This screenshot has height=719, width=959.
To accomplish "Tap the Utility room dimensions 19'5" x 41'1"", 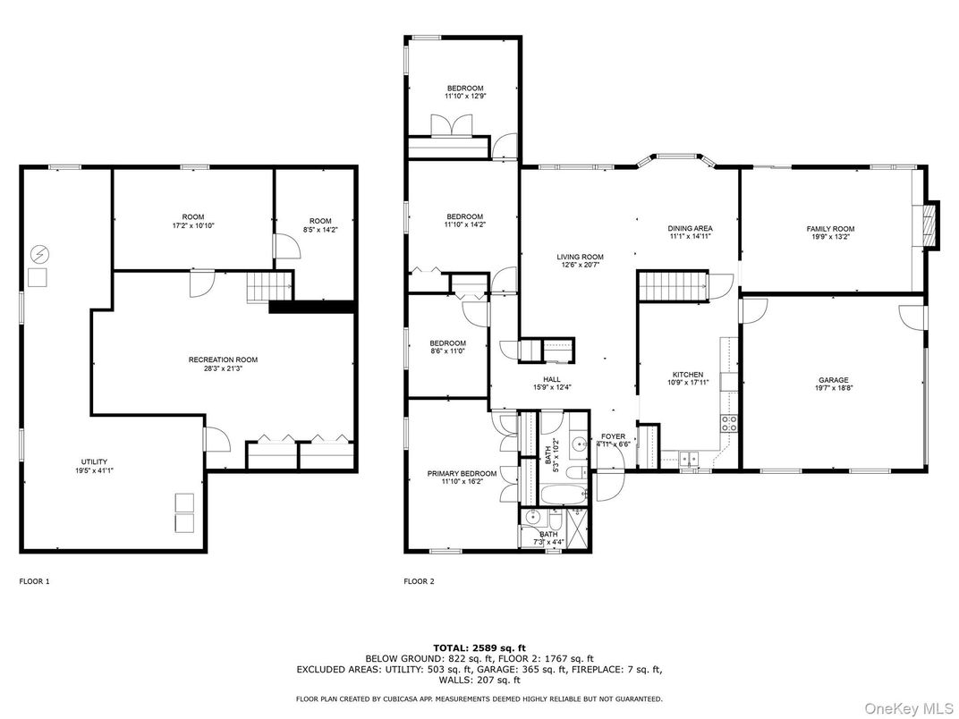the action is tap(94, 470).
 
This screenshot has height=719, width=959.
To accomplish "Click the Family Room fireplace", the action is tap(929, 224).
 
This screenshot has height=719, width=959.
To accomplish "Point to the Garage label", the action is tap(834, 380).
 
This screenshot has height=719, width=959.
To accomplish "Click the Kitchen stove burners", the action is tap(729, 424).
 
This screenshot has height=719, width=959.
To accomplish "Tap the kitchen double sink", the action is tap(689, 458).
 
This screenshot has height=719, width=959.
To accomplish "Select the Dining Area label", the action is tap(690, 228).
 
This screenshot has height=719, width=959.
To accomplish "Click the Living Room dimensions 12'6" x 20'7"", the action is tap(580, 266).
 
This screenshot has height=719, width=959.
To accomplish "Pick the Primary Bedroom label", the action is tap(462, 473).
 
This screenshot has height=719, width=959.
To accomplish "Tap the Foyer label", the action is tap(613, 436).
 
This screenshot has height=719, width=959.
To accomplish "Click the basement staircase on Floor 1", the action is tap(270, 287).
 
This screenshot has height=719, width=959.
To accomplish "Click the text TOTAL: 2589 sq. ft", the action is tap(479, 647).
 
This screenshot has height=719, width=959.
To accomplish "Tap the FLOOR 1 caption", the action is tap(34, 581).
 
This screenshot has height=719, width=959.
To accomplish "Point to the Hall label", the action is tap(552, 379).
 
